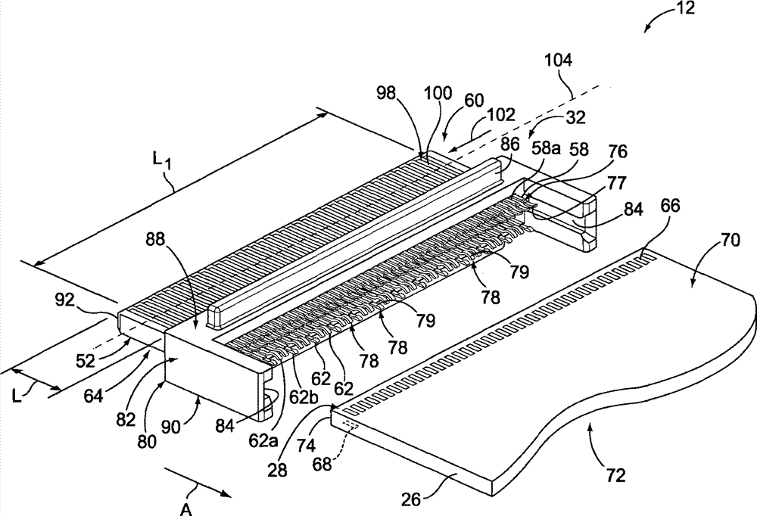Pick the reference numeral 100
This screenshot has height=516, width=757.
(x=438, y=94)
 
